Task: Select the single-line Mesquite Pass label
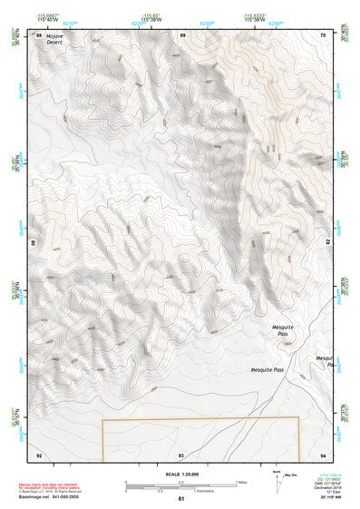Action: tap(268, 371)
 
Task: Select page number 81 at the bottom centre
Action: tap(180, 499)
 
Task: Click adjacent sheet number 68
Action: tap(38, 34)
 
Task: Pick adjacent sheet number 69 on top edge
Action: tap(182, 34)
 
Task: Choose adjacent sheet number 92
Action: tap(38, 454)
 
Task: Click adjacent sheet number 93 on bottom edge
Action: tap(181, 454)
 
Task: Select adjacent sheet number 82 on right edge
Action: tap(327, 243)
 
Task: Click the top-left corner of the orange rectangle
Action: tap(102, 419)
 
